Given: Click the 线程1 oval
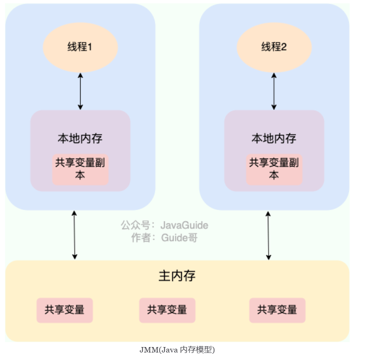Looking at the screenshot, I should pos(80,47).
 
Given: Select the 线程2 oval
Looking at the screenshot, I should pos(274,47).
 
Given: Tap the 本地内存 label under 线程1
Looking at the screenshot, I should pos(80,139).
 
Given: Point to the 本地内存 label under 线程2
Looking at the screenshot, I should pos(274,139).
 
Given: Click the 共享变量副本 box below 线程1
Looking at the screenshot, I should pos(80,169).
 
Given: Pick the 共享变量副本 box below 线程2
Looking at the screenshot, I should pos(274,169).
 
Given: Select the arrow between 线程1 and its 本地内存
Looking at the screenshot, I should pos(81,91).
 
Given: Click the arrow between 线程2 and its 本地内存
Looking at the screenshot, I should pos(274,91).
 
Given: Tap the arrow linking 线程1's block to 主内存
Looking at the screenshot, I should pos(75,235).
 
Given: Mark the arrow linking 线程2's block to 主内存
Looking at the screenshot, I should pos(268,235).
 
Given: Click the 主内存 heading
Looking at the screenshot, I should pos(177,276).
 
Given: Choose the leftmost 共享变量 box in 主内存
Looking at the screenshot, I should pos(65,310).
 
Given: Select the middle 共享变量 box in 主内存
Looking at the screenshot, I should pos(167,310).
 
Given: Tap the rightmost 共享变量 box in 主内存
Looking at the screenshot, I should pos(277,310).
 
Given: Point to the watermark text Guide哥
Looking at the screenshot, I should pos(179,238).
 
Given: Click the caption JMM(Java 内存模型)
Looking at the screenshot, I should pos(177,350).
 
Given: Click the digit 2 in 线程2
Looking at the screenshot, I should pos(284,47).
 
